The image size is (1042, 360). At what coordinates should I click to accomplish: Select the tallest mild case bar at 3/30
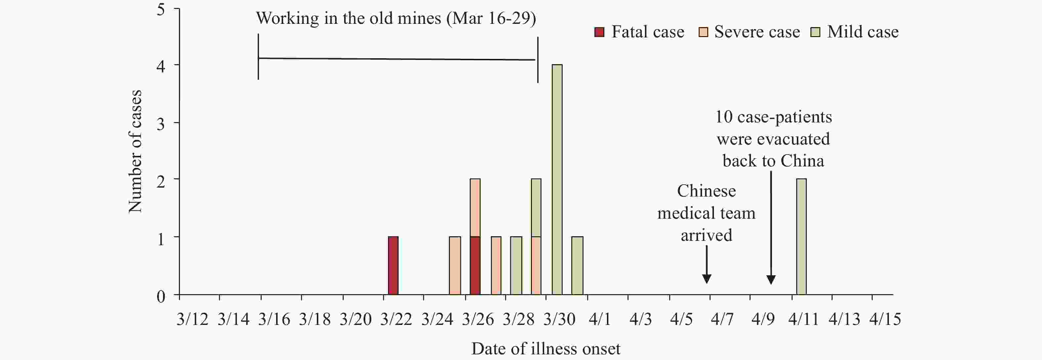point(557,179)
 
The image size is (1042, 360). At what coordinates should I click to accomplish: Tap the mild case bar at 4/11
point(801,237)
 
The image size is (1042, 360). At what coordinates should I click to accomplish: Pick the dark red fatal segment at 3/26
point(475,265)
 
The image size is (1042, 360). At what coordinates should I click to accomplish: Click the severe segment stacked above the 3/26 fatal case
point(475,207)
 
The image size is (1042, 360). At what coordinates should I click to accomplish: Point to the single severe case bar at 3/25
point(455,265)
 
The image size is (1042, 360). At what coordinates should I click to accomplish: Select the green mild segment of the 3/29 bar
point(536,207)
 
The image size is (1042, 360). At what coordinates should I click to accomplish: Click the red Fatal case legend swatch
point(599,32)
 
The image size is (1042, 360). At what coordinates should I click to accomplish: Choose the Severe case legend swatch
point(703,32)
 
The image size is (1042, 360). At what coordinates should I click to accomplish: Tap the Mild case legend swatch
point(815,32)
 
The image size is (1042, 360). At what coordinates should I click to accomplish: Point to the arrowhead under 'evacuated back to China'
point(771,280)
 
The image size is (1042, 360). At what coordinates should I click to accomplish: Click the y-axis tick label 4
point(161,66)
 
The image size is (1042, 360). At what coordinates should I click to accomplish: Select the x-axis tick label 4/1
point(599,319)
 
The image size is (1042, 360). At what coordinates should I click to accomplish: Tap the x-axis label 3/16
point(274,319)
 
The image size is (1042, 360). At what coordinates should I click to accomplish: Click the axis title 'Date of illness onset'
point(546,348)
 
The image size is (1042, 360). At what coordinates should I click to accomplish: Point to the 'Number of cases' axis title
point(135,151)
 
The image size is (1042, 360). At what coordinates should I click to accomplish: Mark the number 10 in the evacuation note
point(724,117)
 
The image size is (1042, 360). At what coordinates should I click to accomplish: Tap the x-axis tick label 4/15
point(885,319)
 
